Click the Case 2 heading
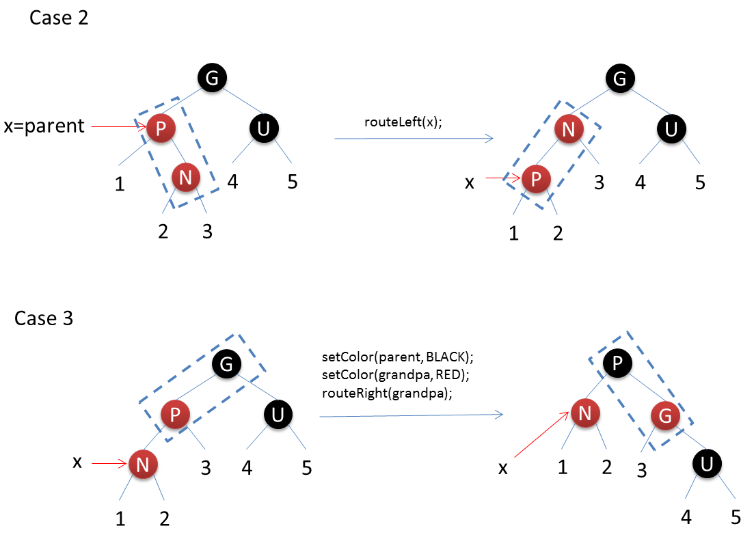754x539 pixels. pos(59,18)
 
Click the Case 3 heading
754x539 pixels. pos(44,318)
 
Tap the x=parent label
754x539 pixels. pos(44,126)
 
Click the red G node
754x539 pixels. pos(664,414)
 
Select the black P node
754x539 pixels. pos(617,364)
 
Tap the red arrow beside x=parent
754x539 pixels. pos(118,126)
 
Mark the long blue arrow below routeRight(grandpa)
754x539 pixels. pos(411,415)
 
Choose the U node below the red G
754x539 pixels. pos(708,465)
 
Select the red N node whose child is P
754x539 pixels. pos(568,128)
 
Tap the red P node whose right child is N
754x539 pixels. pos(161,126)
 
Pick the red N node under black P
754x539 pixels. pos(586,413)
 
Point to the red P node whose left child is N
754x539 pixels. pos(175,413)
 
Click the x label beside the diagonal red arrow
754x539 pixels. pos(503,468)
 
